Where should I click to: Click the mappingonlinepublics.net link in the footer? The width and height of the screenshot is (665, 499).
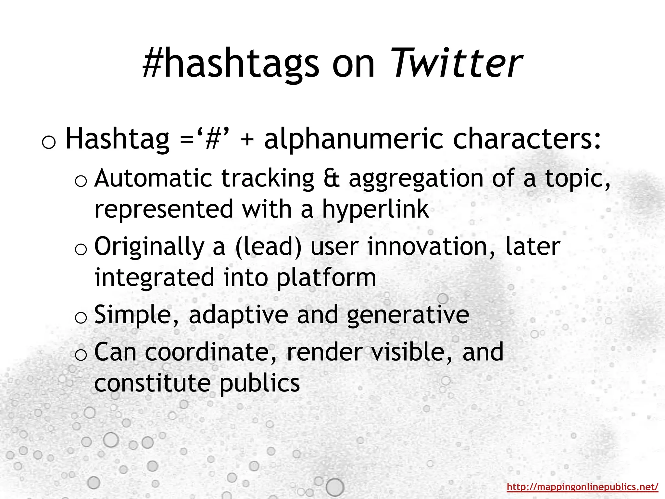pyautogui.click(x=582, y=487)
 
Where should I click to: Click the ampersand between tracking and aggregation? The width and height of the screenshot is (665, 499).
pyautogui.click(x=331, y=178)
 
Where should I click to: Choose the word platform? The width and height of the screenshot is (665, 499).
pyautogui.click(x=326, y=278)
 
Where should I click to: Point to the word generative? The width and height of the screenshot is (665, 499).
pyautogui.click(x=408, y=315)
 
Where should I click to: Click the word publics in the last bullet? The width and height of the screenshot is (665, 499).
pyautogui.click(x=259, y=384)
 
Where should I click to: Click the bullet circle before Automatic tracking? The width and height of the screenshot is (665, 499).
pyautogui.click(x=81, y=181)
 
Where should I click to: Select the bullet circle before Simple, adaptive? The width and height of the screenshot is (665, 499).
pyautogui.click(x=81, y=318)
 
